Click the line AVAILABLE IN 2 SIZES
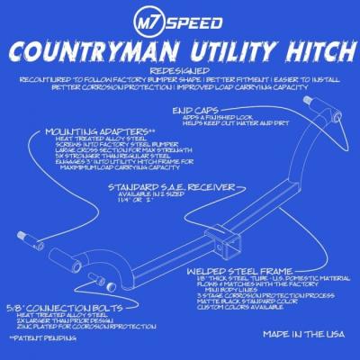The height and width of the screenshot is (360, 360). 186,194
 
